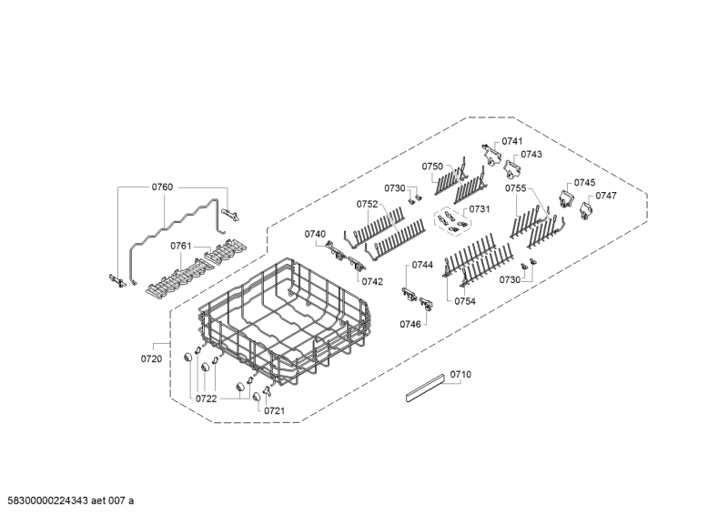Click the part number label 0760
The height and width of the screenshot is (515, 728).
tap(161, 187)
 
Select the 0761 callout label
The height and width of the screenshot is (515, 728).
tap(181, 246)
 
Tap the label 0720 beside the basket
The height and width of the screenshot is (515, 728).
tap(151, 359)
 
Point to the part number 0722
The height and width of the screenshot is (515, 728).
tap(205, 399)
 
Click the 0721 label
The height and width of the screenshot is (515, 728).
tap(274, 410)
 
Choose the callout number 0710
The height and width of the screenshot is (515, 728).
tap(461, 374)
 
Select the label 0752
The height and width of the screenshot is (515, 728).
tap(368, 204)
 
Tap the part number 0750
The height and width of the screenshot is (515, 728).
tap(432, 167)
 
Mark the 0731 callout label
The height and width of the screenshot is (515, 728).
tap(480, 209)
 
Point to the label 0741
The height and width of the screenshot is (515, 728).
tap(512, 141)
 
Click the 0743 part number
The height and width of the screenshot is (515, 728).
tap(531, 155)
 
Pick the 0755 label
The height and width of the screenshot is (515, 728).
tap(516, 188)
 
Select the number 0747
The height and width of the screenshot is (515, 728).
tap(606, 196)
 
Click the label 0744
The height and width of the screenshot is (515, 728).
tap(421, 265)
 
